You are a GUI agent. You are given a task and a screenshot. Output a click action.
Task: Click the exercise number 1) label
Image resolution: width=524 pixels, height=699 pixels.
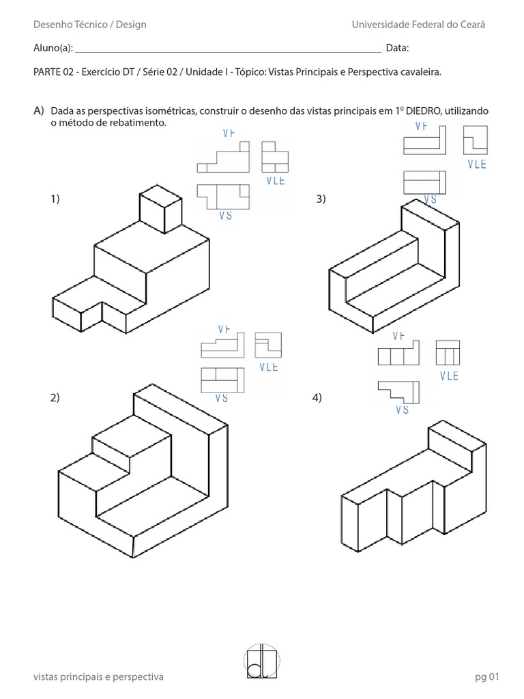point(55,199)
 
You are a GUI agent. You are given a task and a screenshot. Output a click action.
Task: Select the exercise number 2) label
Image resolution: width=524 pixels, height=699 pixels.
point(55,399)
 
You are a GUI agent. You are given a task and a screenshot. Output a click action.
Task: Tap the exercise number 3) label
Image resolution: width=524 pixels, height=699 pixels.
point(321,199)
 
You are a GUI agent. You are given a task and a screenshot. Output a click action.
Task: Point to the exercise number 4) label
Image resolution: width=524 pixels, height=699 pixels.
point(316,399)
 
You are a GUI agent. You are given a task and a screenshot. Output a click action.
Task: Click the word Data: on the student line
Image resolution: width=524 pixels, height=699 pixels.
point(397,48)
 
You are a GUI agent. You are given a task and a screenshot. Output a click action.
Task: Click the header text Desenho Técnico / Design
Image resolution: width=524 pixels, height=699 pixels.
point(89,25)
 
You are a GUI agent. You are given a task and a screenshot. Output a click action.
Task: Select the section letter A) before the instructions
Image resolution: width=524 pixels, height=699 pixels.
point(38,111)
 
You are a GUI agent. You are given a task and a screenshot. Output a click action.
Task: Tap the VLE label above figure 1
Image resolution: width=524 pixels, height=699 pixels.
point(274,181)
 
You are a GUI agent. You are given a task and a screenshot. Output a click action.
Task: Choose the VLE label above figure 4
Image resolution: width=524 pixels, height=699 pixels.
point(449,376)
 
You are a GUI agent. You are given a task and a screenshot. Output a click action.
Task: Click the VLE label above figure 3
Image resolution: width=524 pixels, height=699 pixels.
point(477,165)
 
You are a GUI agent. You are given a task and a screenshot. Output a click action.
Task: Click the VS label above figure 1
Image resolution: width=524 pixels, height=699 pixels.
point(225,215)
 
